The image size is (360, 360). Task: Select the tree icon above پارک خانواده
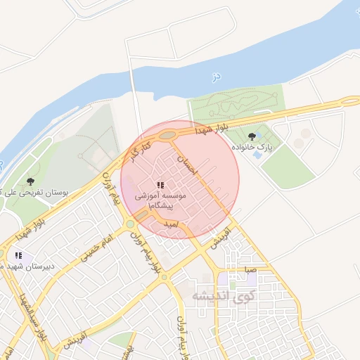(x=252, y=136)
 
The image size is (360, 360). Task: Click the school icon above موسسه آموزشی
(x=161, y=185)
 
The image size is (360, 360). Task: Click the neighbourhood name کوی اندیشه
(x=221, y=296)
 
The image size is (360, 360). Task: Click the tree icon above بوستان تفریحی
(x=30, y=181)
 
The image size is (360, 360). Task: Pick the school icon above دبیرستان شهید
(x=18, y=255)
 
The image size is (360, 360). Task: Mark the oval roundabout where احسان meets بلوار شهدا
(x=167, y=135)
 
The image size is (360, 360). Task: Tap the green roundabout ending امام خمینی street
(x=129, y=224)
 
